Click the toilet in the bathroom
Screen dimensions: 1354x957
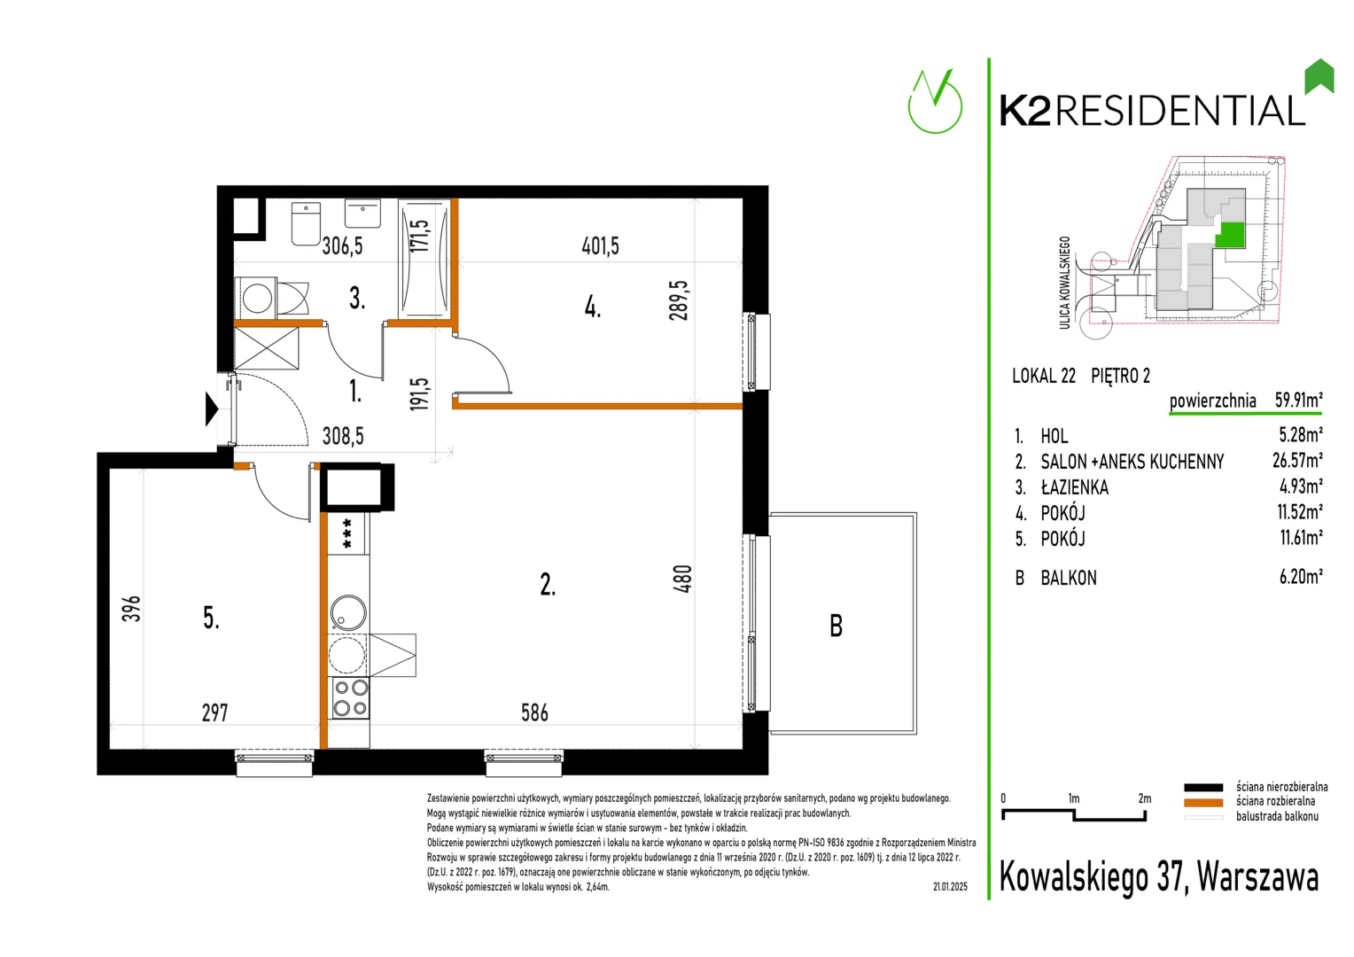click(x=306, y=223)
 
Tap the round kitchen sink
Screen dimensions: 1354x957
click(x=348, y=612)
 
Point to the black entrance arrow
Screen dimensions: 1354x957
click(x=212, y=409)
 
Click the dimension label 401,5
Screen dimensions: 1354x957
click(x=600, y=246)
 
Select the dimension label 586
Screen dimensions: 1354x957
click(x=535, y=712)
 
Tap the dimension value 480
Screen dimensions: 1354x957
click(x=682, y=580)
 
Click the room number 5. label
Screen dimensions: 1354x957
click(x=211, y=618)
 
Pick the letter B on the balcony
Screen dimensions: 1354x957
click(x=836, y=626)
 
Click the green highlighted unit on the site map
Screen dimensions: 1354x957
click(x=1230, y=235)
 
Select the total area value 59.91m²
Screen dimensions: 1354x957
click(x=1298, y=400)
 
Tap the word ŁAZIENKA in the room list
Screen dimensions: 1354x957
click(x=1074, y=487)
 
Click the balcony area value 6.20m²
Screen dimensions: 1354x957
click(x=1301, y=577)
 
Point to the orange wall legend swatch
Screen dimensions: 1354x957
click(x=1202, y=802)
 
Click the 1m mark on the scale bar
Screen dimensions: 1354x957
click(x=1073, y=798)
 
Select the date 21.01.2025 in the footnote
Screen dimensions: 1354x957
click(x=950, y=887)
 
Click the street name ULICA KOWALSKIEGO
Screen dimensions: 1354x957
click(x=1064, y=283)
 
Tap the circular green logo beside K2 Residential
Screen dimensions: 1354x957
click(x=935, y=102)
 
